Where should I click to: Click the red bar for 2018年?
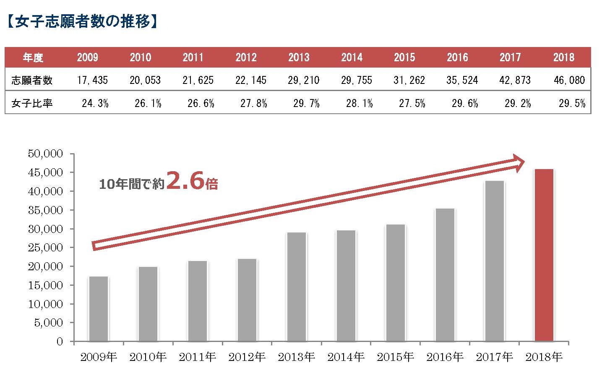pyautogui.click(x=544, y=255)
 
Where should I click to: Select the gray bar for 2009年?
pyautogui.click(x=99, y=309)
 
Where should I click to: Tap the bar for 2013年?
pyautogui.click(x=297, y=287)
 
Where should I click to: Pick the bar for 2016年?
pyautogui.click(x=445, y=275)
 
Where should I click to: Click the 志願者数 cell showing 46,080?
pyautogui.click(x=569, y=80)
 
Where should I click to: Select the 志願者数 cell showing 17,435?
pyautogui.click(x=92, y=80)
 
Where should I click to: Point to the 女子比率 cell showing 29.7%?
pyautogui.click(x=306, y=103)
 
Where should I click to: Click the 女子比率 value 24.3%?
pyautogui.click(x=95, y=103)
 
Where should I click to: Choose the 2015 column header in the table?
pyautogui.click(x=404, y=57)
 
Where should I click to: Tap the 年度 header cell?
pyautogui.click(x=33, y=57)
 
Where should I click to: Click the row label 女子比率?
pyautogui.click(x=32, y=103)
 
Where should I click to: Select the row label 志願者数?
pyautogui.click(x=32, y=80)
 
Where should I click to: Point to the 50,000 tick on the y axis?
pyautogui.click(x=45, y=154)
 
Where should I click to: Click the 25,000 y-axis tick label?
pyautogui.click(x=45, y=248)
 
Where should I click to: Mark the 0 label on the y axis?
pyautogui.click(x=59, y=342)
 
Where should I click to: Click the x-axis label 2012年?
pyautogui.click(x=247, y=358)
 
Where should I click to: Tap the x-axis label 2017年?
pyautogui.click(x=495, y=358)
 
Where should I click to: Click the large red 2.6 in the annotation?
pyautogui.click(x=185, y=181)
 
